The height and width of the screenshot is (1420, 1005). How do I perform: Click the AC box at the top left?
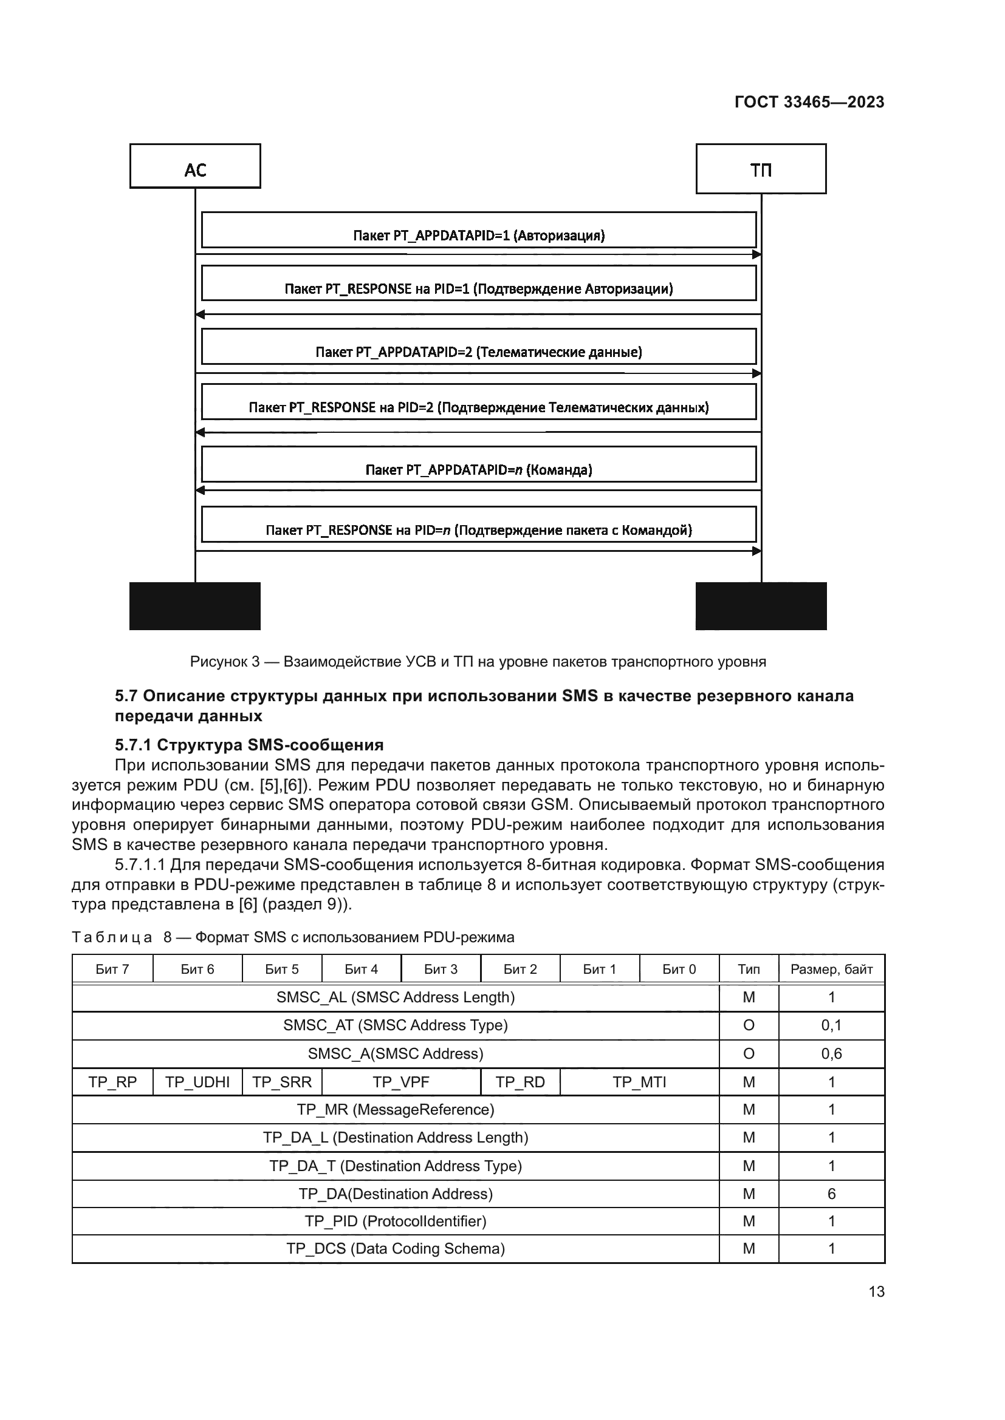click(x=195, y=166)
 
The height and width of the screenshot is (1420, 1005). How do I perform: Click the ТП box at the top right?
click(x=761, y=169)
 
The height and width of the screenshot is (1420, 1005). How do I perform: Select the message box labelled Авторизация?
click(x=478, y=231)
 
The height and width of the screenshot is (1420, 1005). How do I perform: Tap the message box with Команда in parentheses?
click(x=478, y=464)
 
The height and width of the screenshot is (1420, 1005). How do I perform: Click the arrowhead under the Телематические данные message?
click(x=756, y=373)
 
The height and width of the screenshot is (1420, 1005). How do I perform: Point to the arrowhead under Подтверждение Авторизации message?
click(x=200, y=315)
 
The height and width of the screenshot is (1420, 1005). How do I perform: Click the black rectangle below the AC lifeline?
click(x=195, y=605)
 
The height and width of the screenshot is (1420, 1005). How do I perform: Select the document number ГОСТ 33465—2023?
click(x=809, y=102)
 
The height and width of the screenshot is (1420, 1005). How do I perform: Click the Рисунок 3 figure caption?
click(x=478, y=662)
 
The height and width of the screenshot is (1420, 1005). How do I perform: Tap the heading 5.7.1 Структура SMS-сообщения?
click(x=249, y=745)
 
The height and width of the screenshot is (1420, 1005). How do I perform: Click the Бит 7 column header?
click(x=112, y=969)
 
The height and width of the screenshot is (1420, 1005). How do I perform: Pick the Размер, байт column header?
click(x=831, y=969)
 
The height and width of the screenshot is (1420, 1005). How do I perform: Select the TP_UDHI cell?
click(x=197, y=1082)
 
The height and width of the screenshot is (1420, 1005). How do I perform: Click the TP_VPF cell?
click(x=400, y=1082)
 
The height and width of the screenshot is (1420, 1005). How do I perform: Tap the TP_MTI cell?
click(x=639, y=1082)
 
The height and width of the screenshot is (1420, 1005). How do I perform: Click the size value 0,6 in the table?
click(x=831, y=1053)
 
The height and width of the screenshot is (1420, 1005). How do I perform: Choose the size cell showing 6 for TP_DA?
click(x=831, y=1194)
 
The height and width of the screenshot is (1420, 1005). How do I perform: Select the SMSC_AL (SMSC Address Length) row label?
click(x=396, y=997)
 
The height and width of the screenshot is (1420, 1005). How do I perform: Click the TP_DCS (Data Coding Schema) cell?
click(x=396, y=1248)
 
